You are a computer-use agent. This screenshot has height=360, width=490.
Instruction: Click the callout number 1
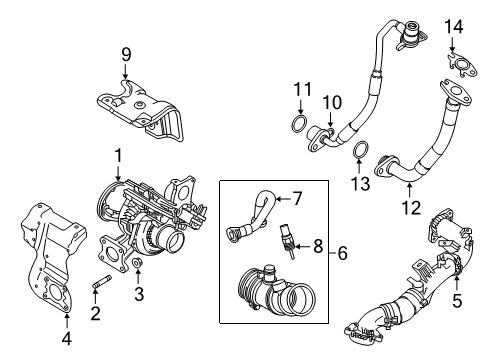(x=118, y=155)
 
